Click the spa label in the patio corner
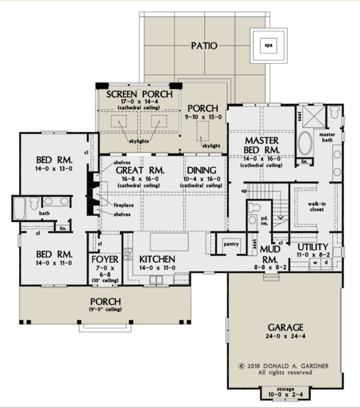[x=268, y=45]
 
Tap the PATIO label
[x=204, y=46]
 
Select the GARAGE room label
[x=285, y=327]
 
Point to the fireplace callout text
[x=124, y=205]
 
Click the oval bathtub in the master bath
[x=305, y=143]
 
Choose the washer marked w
[x=315, y=263]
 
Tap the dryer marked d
[x=326, y=263]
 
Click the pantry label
[x=231, y=244]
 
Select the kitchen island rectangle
[x=169, y=242]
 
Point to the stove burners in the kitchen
[x=128, y=254]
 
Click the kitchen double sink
[x=156, y=280]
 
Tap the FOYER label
[x=105, y=259]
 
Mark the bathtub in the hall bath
[x=19, y=208]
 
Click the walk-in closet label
[x=317, y=207]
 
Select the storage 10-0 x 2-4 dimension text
[x=285, y=395]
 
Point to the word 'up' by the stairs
[x=244, y=191]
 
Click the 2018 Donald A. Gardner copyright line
[x=283, y=366]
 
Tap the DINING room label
[x=202, y=170]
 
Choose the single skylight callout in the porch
[x=211, y=146]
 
